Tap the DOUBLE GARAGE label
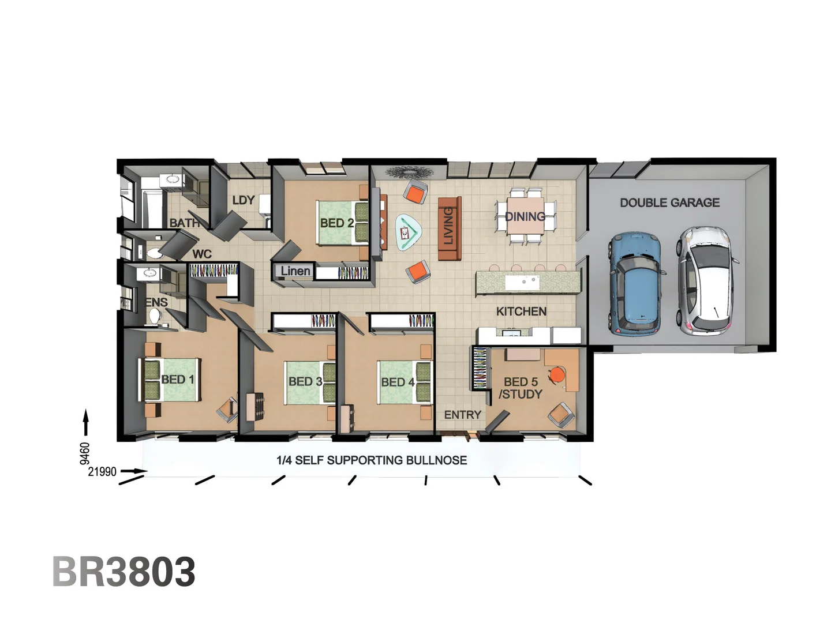[669, 202]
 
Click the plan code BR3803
[123, 572]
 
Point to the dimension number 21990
[102, 472]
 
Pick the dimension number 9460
[85, 453]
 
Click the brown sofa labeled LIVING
[450, 228]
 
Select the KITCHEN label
[521, 311]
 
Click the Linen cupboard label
[295, 271]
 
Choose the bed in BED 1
[170, 380]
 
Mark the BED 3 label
[305, 381]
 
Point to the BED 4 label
[398, 382]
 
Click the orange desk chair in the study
[556, 375]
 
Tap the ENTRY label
[462, 415]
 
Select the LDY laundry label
[243, 200]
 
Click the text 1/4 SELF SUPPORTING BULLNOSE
[372, 460]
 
